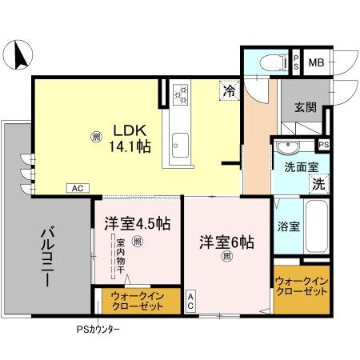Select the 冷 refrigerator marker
230,91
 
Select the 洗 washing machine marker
318,182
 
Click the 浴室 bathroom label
289,226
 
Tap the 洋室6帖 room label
226,241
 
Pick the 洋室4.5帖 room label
136,224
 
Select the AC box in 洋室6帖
191,301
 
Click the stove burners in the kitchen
179,96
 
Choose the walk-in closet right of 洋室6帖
302,286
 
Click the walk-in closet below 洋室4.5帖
134,303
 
